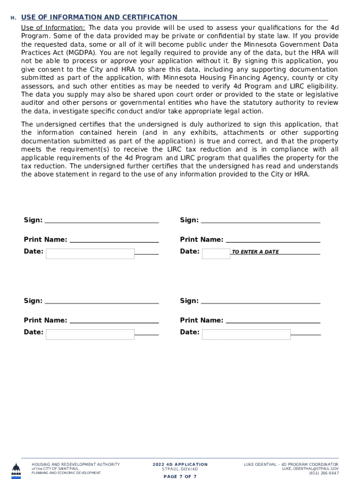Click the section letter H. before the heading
click(14, 18)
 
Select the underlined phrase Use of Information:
click(53, 28)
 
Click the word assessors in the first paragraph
click(37, 86)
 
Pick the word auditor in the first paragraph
click(33, 103)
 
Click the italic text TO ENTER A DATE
click(255, 252)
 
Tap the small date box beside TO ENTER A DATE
click(216, 253)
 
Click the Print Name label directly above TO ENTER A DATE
click(202, 239)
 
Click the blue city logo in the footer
click(16, 470)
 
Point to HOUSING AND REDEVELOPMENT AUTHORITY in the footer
click(75, 464)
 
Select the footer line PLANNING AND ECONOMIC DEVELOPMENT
click(66, 473)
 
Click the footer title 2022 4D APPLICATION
click(180, 464)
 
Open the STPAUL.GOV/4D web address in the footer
click(180, 469)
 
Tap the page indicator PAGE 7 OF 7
click(180, 477)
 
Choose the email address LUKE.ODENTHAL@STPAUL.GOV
click(310, 469)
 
